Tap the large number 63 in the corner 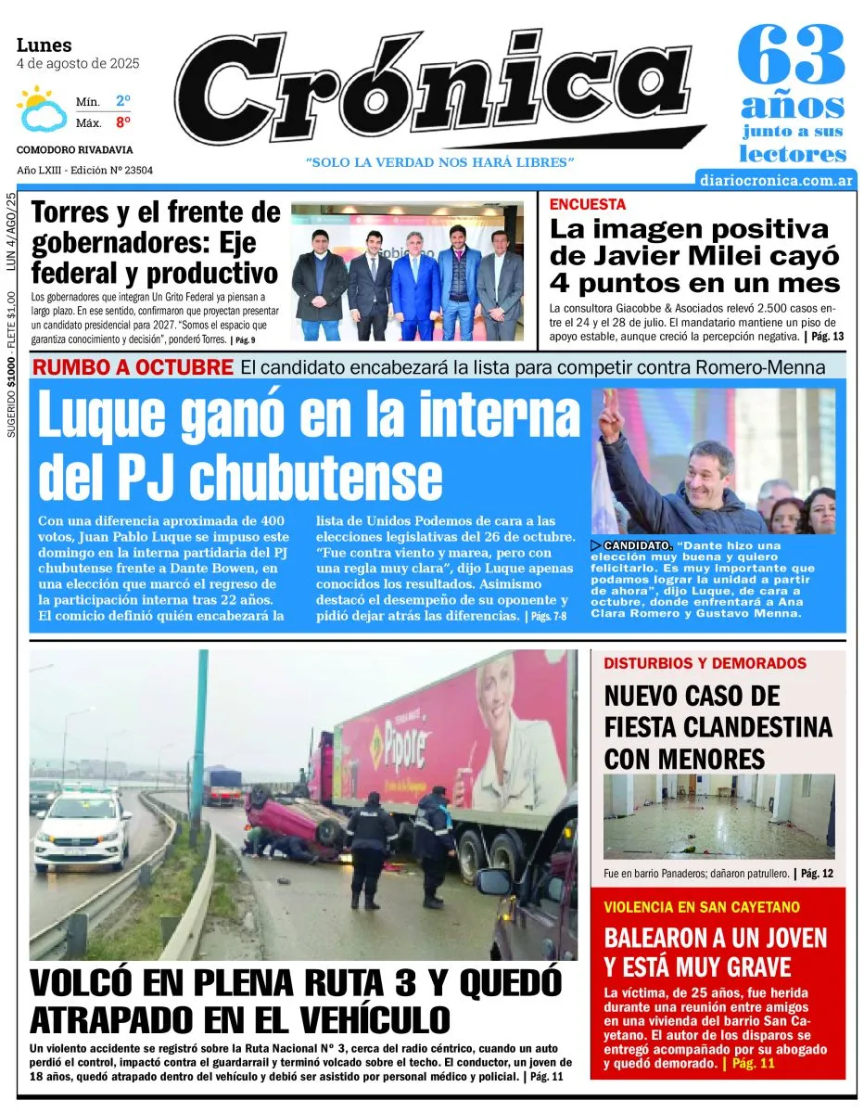(x=792, y=56)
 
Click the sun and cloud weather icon (x=42, y=109)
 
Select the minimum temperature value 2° (x=122, y=100)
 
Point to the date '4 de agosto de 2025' (x=78, y=64)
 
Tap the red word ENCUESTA (x=588, y=204)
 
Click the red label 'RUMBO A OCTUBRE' (x=133, y=367)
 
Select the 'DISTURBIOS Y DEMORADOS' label (x=705, y=664)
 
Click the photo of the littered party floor (x=718, y=816)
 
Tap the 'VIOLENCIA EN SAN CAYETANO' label (x=701, y=906)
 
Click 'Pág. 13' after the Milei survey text (x=827, y=336)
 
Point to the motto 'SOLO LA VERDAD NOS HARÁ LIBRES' (x=441, y=162)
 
